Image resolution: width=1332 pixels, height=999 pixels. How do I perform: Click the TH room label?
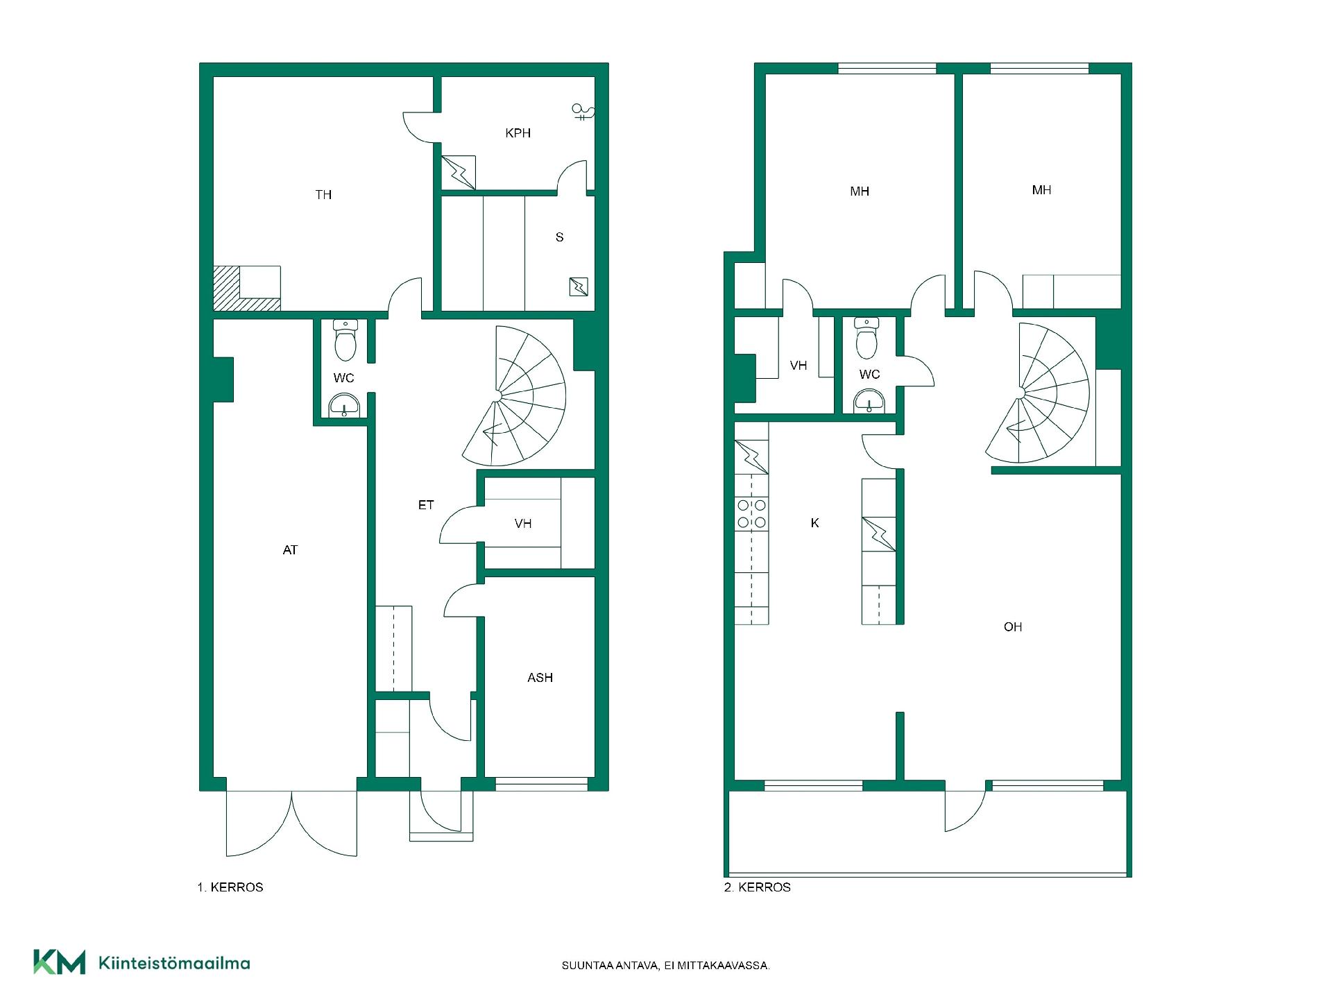coord(323,195)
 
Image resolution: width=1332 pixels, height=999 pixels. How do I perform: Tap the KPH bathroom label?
coord(518,133)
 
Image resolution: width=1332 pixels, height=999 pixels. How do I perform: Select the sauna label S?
coord(560,237)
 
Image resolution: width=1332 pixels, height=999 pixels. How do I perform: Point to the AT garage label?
coord(290,550)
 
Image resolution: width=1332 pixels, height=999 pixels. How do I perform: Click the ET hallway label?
coord(426,505)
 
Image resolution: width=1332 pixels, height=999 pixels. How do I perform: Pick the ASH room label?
coord(540,678)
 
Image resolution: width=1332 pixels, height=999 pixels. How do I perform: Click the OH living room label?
coord(1013,627)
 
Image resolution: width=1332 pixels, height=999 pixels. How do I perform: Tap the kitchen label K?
coord(815,523)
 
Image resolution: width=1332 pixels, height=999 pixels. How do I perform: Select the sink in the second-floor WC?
coord(869,401)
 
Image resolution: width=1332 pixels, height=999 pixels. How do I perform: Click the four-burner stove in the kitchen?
coord(751,513)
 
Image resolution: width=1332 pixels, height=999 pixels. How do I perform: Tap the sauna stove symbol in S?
coord(579,287)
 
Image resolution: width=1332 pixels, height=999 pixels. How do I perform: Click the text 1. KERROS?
coord(230,887)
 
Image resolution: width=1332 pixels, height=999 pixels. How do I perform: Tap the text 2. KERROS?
coord(758,887)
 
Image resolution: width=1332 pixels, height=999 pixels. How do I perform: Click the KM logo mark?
coord(60,962)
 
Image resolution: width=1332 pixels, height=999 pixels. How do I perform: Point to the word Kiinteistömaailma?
coord(175,963)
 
